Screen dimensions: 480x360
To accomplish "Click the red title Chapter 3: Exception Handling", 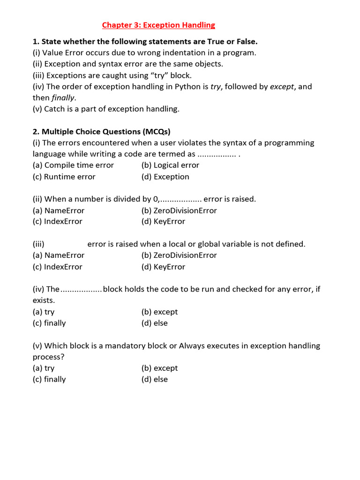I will pyautogui.click(x=158, y=25).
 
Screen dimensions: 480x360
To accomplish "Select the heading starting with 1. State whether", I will pyautogui.click(x=145, y=41).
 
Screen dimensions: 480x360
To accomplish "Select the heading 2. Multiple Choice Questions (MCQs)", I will pyautogui.click(x=105, y=131).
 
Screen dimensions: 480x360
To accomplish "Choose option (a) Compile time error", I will pyautogui.click(x=73, y=165).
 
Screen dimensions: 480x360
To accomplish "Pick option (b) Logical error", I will pyautogui.click(x=170, y=165).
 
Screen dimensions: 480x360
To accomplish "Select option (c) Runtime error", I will pyautogui.click(x=64, y=177).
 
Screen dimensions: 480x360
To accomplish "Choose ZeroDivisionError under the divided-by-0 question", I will pyautogui.click(x=179, y=210).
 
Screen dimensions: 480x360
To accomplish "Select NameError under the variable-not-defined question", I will pyautogui.click(x=59, y=255).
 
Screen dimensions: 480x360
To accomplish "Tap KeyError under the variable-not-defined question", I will pyautogui.click(x=163, y=267).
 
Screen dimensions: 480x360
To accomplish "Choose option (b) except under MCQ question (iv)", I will pyautogui.click(x=159, y=312).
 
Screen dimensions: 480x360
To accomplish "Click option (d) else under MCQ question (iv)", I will pyautogui.click(x=154, y=323).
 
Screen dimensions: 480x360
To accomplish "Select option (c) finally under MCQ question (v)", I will pyautogui.click(x=49, y=379).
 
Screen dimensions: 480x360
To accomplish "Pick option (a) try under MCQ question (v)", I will pyautogui.click(x=44, y=368).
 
